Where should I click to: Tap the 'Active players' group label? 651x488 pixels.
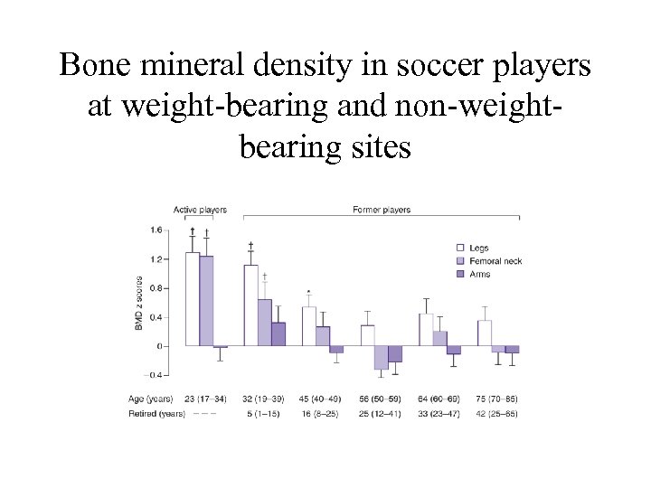pyautogui.click(x=200, y=210)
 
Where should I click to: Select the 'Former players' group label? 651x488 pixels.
pyautogui.click(x=381, y=210)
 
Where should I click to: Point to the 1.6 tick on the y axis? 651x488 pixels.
pyautogui.click(x=156, y=230)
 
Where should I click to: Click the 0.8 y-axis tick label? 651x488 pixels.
pyautogui.click(x=156, y=288)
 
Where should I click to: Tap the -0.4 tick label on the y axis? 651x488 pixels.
pyautogui.click(x=155, y=375)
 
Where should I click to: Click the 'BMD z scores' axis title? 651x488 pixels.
pyautogui.click(x=139, y=303)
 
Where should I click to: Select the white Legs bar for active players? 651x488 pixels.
pyautogui.click(x=193, y=298)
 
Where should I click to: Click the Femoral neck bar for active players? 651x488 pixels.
pyautogui.click(x=206, y=300)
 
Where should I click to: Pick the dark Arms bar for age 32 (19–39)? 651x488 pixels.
pyautogui.click(x=278, y=333)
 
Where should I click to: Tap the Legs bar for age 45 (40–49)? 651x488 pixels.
pyautogui.click(x=308, y=326)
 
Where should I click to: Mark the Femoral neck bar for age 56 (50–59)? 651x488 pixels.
pyautogui.click(x=381, y=357)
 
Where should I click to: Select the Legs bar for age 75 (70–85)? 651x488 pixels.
pyautogui.click(x=485, y=333)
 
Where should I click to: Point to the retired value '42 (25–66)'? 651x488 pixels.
pyautogui.click(x=498, y=414)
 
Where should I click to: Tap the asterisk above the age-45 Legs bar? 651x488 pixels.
pyautogui.click(x=309, y=292)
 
